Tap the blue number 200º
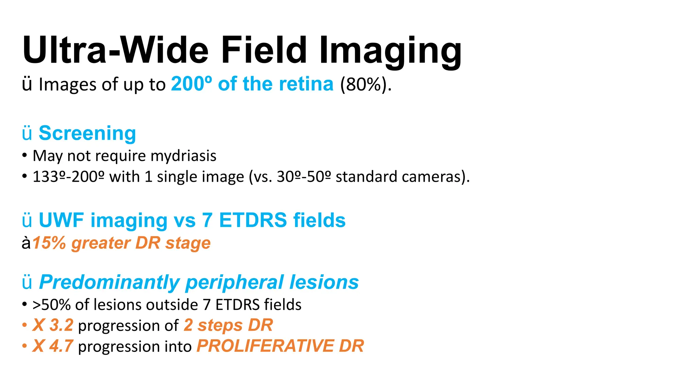191,84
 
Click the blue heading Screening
87,133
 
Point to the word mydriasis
183,156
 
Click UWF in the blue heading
61,220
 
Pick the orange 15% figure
49,243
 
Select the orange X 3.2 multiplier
53,325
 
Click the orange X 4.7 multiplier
53,346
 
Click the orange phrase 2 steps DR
228,325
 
